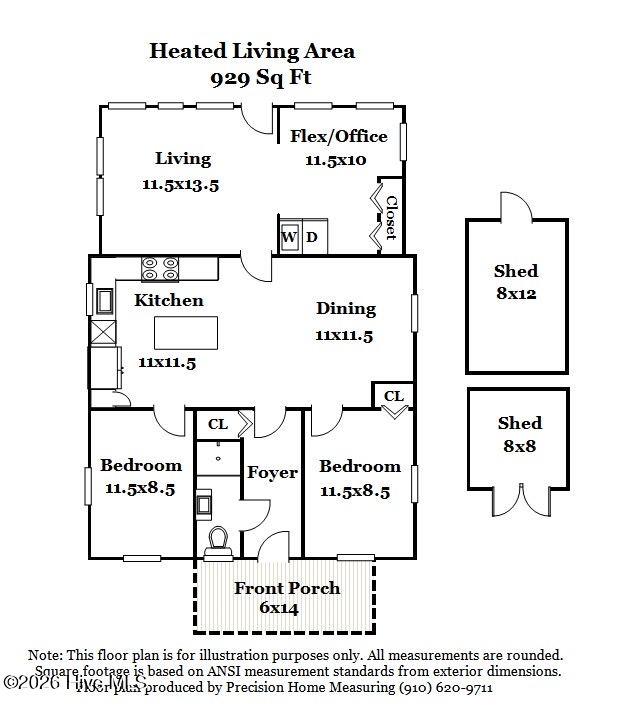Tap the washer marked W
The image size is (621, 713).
289,237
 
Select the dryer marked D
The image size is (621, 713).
312,237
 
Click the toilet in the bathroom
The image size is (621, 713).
217,541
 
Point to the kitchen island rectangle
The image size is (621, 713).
185,331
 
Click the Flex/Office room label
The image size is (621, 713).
338,136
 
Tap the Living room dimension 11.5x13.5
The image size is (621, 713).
180,184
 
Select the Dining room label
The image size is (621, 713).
346,309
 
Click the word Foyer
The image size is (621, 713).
272,472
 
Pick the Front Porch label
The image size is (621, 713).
287,588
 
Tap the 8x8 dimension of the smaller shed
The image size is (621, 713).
519,446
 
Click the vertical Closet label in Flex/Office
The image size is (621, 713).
391,217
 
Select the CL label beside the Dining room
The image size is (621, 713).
394,396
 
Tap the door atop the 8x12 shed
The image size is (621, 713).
516,207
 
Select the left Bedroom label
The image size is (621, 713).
141,465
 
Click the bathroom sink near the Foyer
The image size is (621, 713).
204,503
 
